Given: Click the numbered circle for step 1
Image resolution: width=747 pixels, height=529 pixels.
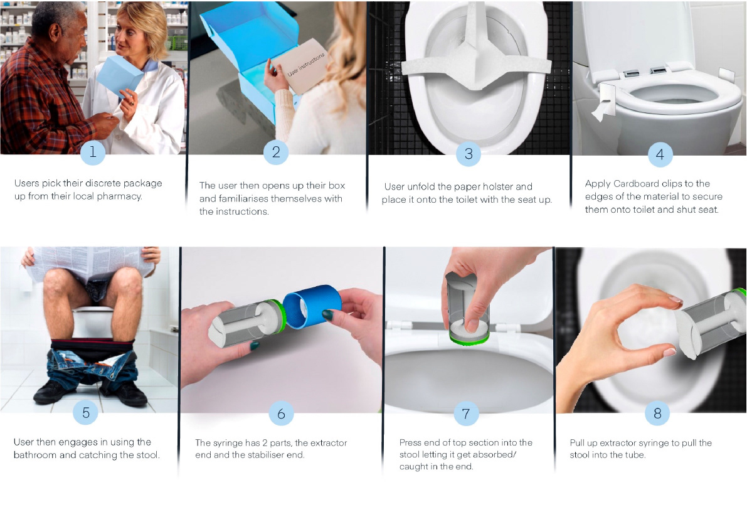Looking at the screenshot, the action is click(x=92, y=152).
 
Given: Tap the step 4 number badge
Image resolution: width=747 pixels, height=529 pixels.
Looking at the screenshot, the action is click(x=660, y=154).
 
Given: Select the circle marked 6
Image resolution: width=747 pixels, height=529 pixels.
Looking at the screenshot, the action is click(x=281, y=414).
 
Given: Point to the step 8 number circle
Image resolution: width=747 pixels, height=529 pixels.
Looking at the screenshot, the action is click(x=657, y=413).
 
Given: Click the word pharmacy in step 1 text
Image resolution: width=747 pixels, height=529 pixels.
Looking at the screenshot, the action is click(x=119, y=196).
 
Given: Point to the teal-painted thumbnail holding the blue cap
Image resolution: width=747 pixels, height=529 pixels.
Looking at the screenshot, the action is click(x=327, y=314).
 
